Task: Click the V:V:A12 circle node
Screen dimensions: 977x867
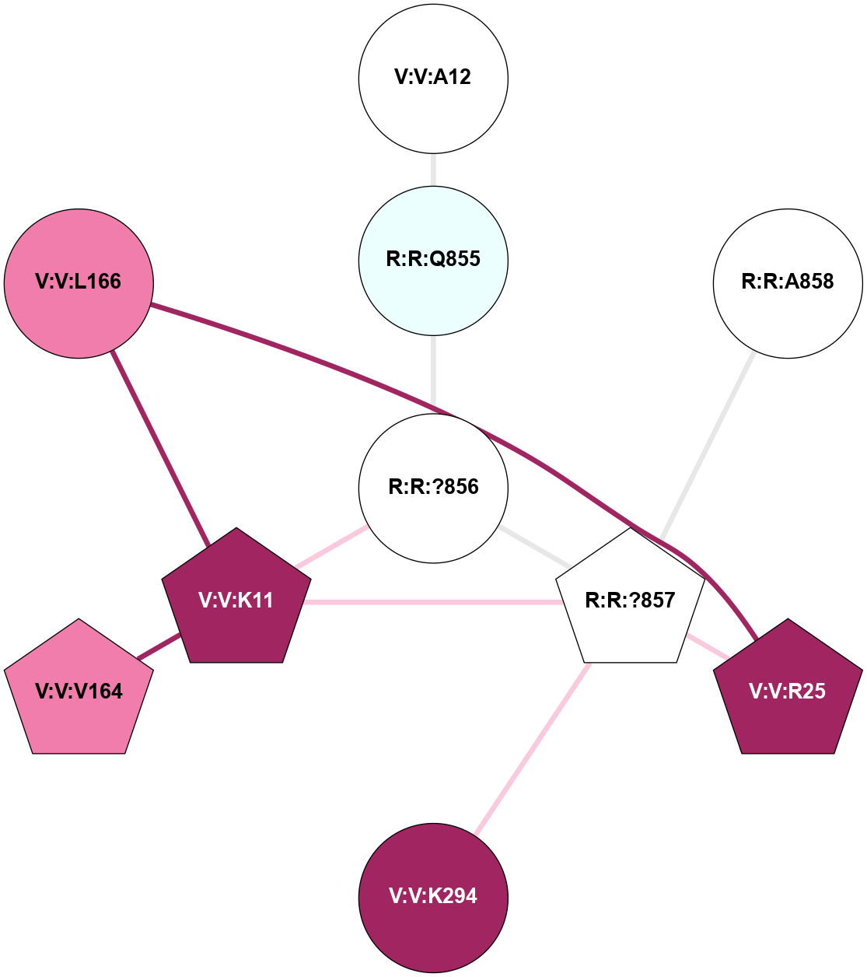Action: (x=433, y=78)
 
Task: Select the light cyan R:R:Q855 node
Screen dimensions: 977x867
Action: (x=433, y=260)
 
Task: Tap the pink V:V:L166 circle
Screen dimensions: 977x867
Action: (x=79, y=283)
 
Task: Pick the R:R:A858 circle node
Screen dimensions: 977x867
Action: (x=788, y=283)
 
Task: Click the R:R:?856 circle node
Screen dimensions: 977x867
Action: (x=433, y=488)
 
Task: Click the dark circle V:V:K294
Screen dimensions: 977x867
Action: (x=433, y=897)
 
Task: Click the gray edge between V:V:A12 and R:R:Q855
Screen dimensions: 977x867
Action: (x=433, y=170)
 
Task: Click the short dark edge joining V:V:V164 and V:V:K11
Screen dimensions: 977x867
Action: (x=159, y=647)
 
